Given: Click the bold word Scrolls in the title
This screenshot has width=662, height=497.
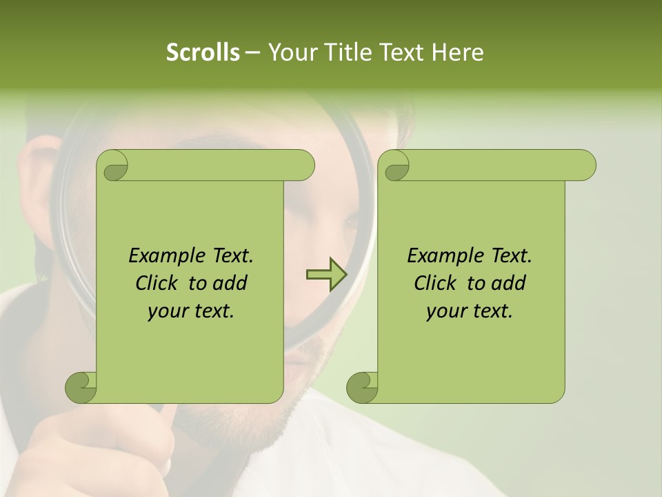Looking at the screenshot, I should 203,52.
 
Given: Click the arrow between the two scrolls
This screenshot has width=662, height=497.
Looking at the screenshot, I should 326,275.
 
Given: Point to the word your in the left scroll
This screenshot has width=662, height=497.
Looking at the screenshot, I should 166,311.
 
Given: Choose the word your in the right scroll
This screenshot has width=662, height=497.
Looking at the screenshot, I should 445,311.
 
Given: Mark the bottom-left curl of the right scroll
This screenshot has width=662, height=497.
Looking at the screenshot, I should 363,387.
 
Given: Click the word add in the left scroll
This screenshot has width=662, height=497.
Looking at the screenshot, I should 230,283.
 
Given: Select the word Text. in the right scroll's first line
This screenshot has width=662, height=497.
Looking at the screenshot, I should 511,255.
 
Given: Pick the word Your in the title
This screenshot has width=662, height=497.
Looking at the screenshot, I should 289,52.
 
